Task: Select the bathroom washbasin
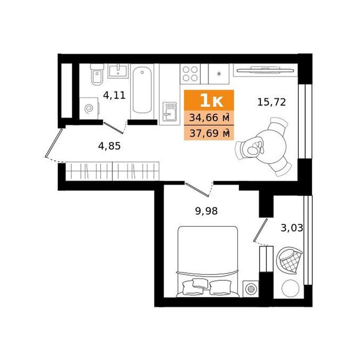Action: [118, 71]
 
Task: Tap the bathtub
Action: [142, 90]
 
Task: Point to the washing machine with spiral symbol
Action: [89, 109]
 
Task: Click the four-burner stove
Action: [190, 74]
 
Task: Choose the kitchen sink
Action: [169, 112]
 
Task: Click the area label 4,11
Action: [114, 95]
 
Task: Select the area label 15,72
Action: [272, 102]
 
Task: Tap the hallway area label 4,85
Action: [109, 146]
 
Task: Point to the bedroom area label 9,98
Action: [206, 211]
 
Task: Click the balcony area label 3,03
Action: [292, 228]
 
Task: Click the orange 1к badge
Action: [209, 100]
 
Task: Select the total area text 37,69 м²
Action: [209, 133]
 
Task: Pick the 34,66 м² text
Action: [209, 118]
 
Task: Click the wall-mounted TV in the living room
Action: [265, 70]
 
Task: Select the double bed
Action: [208, 261]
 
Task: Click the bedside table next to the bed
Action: [251, 289]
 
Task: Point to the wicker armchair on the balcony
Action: [289, 260]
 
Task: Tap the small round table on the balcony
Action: [291, 289]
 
